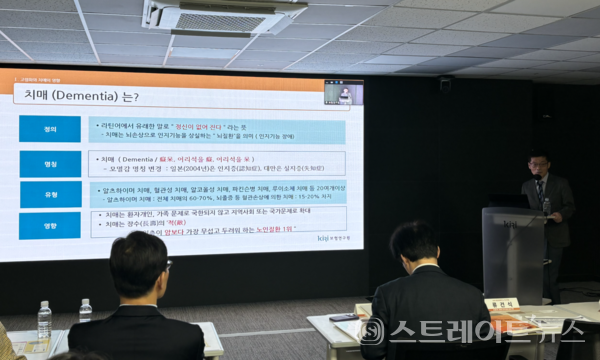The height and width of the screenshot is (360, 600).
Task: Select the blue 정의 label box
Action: pyautogui.click(x=49, y=129)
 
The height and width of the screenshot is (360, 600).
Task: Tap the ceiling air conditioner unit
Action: pyautogui.click(x=223, y=17)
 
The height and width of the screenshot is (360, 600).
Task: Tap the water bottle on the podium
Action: pyautogui.click(x=546, y=206)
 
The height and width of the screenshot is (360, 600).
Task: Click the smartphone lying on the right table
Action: pyautogui.click(x=343, y=318)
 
